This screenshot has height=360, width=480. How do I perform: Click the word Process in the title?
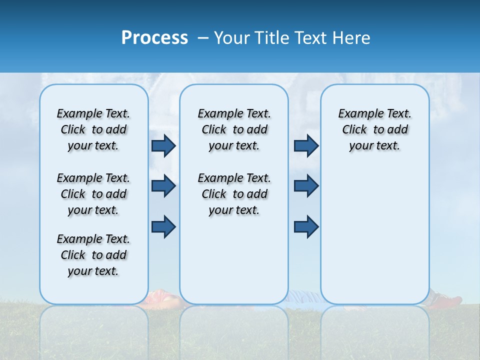tap(154, 38)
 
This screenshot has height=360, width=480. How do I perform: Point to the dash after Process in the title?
tap(203, 38)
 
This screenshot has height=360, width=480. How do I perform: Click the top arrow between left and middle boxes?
tap(163, 145)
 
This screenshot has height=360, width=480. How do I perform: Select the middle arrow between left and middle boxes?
tap(163, 186)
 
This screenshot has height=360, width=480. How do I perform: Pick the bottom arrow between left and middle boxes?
tap(163, 226)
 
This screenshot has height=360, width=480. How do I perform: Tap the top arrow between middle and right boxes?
tap(306, 145)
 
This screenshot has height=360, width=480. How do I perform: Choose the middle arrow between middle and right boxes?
tap(306, 186)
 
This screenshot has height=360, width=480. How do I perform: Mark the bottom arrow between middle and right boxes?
tap(306, 226)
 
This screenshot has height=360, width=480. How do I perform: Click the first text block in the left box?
tap(93, 129)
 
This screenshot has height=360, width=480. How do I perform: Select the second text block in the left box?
tap(93, 194)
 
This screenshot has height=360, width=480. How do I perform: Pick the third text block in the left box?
tap(93, 255)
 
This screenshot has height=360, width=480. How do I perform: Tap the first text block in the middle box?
tap(234, 129)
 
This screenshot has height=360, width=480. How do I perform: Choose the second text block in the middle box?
tap(234, 194)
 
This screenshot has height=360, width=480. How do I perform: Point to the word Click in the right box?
tap(354, 130)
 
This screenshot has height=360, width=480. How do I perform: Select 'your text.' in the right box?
tap(374, 146)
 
